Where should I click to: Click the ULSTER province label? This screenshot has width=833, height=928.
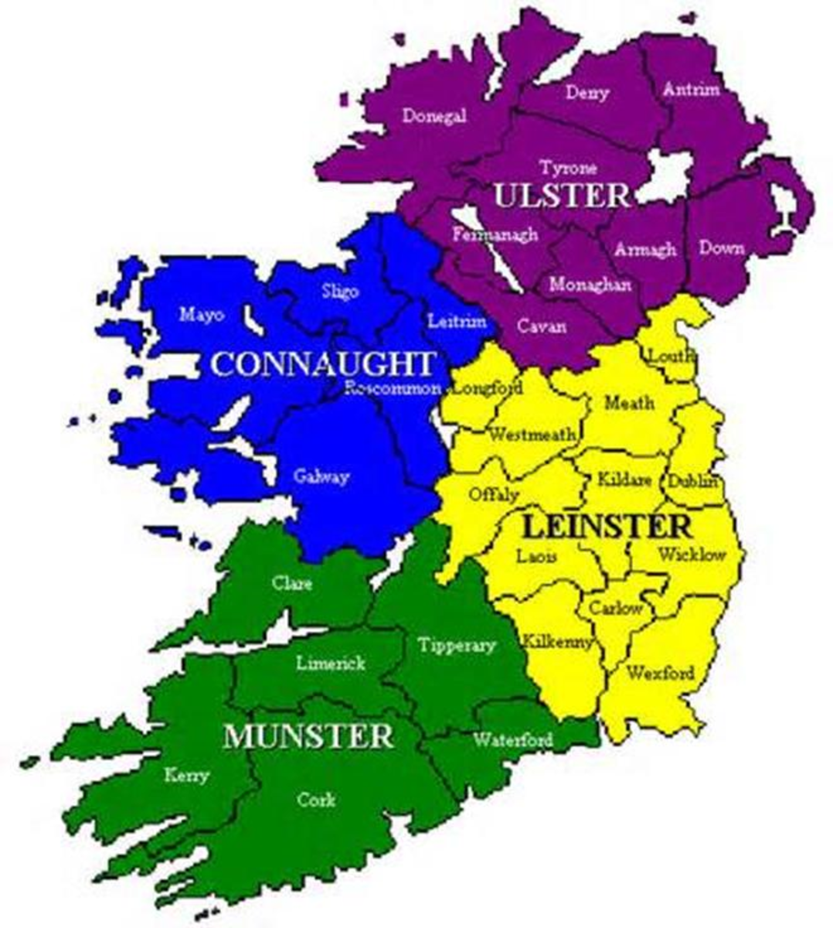[562, 195]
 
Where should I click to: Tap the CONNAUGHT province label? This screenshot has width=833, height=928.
[322, 363]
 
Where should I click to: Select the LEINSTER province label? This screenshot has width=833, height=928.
[607, 527]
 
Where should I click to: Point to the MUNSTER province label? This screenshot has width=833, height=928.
[308, 735]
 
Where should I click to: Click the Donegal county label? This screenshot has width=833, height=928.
[434, 116]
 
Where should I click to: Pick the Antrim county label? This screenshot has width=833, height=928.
[691, 90]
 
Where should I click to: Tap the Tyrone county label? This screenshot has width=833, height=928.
[568, 167]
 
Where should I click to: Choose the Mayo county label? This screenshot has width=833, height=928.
[202, 315]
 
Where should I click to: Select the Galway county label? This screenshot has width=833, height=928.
[321, 476]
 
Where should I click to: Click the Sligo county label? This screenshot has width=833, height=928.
[340, 292]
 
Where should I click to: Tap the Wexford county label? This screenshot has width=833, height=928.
[660, 673]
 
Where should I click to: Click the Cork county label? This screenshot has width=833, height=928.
[316, 799]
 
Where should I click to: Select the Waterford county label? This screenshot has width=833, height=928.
[512, 740]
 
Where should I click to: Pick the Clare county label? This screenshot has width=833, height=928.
[292, 582]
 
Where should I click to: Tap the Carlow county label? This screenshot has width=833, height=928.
[616, 608]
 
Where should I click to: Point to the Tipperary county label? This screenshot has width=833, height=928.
[456, 644]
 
